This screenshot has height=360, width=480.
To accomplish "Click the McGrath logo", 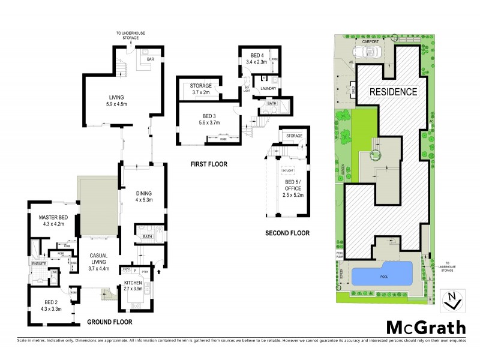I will pyautogui.click(x=425, y=328).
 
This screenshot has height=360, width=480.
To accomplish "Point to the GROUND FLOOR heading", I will pyautogui.click(x=109, y=322).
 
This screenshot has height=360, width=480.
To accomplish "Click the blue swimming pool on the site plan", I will pyautogui.click(x=382, y=275).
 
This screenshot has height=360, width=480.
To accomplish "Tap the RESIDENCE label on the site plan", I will pyautogui.click(x=392, y=92).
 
